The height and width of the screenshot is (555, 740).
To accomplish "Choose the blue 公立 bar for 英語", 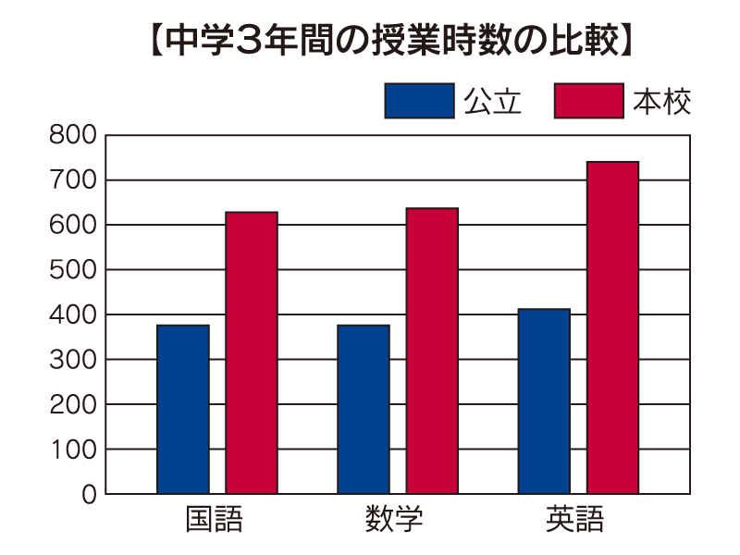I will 544,401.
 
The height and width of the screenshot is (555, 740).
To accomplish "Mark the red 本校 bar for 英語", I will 612,328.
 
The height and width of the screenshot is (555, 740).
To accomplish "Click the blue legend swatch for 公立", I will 419,101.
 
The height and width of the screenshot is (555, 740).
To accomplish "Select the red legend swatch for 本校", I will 588,101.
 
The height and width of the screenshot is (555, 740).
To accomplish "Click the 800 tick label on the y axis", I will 75,135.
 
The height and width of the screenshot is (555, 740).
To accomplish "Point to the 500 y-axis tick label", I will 75,270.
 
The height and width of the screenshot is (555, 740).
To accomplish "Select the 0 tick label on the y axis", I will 89,495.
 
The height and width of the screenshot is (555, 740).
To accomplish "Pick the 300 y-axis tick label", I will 75,360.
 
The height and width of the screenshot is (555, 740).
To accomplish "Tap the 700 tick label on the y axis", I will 75,180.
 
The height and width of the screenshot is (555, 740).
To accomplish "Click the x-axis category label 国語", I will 215,520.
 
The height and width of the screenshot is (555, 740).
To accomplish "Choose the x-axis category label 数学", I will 395,520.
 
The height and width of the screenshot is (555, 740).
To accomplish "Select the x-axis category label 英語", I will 575,520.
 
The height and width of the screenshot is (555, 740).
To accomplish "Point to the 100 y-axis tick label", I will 75,450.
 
